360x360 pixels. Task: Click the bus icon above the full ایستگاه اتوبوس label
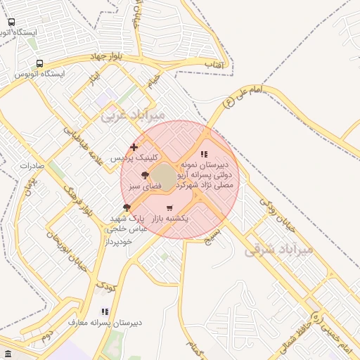(39, 63)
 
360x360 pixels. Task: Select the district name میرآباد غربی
(133, 114)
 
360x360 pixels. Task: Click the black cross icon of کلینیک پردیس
(134, 147)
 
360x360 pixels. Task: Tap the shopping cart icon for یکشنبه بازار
(169, 208)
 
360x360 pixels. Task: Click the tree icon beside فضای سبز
(145, 175)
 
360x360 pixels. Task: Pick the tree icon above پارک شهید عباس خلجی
(127, 207)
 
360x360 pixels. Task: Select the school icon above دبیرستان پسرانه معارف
(105, 311)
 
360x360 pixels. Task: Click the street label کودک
(105, 286)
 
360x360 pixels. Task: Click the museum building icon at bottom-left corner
(8, 353)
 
